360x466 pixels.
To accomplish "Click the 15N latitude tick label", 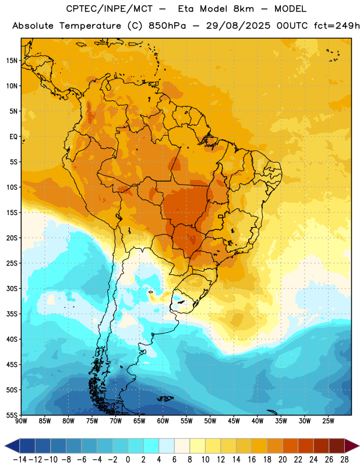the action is (x=12, y=61).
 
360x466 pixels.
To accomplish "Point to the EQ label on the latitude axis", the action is (x=13, y=137).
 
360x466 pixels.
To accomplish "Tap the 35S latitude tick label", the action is (x=12, y=314).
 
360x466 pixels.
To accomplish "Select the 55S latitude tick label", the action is (x=12, y=415).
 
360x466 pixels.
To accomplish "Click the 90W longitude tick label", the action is (x=21, y=421).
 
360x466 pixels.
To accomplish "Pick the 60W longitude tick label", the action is (x=163, y=421).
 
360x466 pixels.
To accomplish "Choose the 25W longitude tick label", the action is (x=329, y=421).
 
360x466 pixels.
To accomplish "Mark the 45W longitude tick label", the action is (x=234, y=421).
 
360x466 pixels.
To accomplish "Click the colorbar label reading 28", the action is (x=344, y=460).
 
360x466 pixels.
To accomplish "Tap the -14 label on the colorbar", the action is (x=20, y=460).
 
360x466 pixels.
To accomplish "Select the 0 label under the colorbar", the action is (x=128, y=460).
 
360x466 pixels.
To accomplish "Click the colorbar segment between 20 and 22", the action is (x=291, y=446).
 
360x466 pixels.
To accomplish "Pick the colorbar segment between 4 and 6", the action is (x=167, y=446).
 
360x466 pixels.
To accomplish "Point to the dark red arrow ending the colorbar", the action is (x=351, y=446).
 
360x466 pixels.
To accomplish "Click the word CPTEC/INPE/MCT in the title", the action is (x=109, y=9).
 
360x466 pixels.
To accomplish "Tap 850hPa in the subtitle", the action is (x=167, y=26).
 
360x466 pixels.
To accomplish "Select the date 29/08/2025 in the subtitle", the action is (x=238, y=26).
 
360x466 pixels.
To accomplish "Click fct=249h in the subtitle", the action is (x=337, y=26).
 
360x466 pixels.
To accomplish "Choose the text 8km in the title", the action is (x=243, y=9).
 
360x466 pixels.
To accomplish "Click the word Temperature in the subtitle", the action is (x=90, y=26).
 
